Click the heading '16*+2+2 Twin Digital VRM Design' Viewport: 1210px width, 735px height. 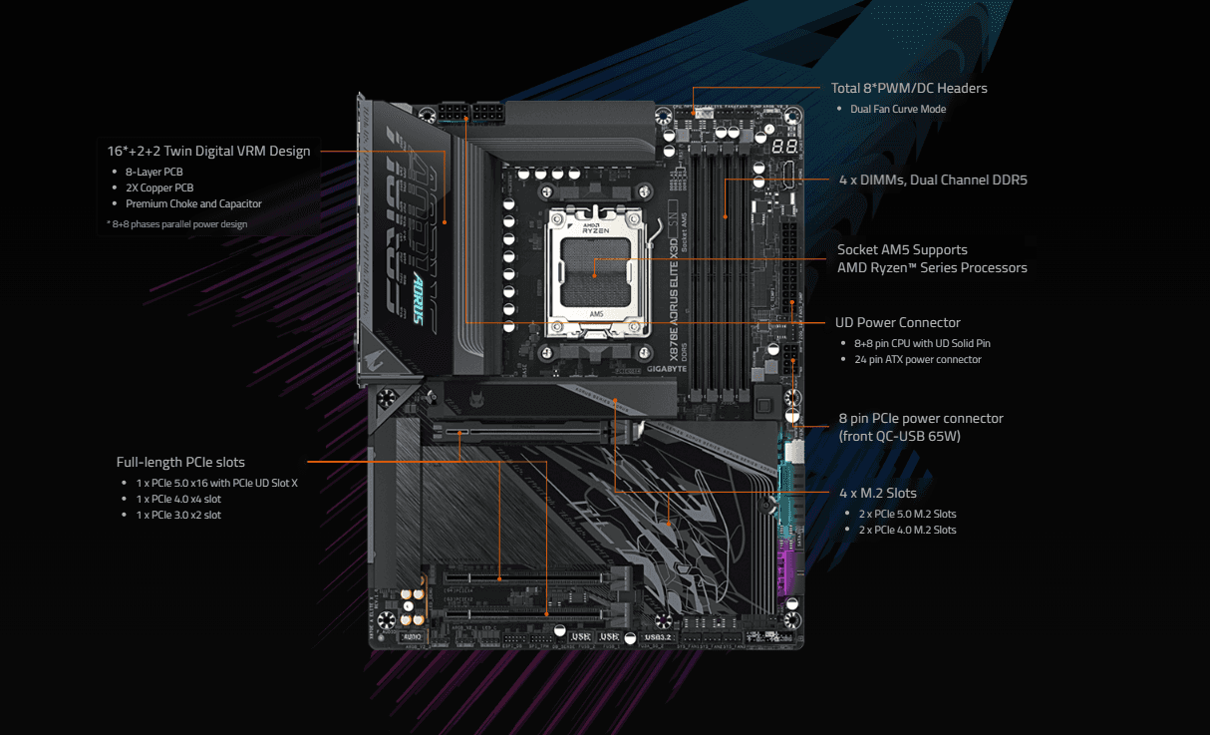208,152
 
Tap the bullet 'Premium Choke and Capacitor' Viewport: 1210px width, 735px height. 193,203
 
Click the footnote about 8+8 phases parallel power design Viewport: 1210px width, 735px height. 176,224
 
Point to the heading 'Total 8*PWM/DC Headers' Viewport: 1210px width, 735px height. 909,89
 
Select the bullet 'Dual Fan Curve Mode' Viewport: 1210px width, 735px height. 898,109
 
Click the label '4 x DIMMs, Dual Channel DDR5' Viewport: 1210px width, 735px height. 933,181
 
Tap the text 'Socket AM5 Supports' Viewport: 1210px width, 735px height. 902,250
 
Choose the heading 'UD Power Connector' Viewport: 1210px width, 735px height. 898,323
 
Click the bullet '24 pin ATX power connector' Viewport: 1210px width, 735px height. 917,359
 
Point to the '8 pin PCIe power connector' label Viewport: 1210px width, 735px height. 920,419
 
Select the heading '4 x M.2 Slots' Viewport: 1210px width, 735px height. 877,494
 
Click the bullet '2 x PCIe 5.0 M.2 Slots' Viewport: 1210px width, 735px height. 907,514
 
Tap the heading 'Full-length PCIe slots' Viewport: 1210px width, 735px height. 180,463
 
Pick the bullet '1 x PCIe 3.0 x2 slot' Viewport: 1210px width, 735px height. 178,515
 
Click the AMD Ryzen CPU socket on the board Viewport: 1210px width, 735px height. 593,269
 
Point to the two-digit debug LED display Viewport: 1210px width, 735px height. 783,145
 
